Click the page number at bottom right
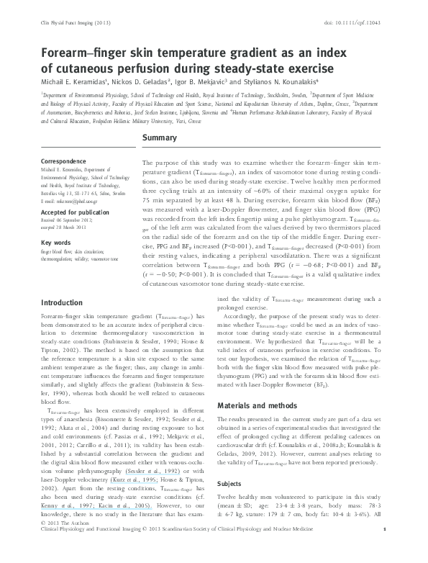pyautogui.click(x=385, y=551)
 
